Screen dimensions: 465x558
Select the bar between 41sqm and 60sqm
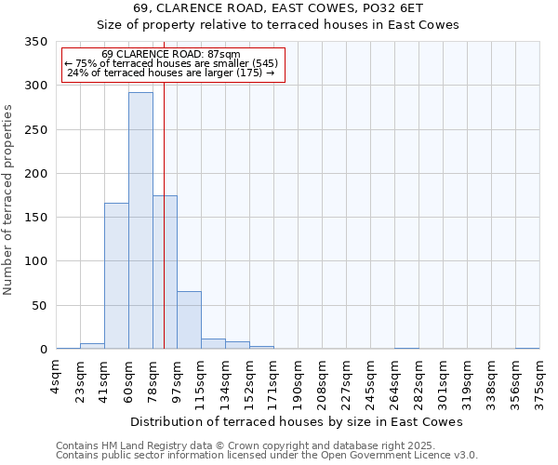point(116,276)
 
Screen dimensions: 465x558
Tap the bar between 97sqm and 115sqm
point(189,320)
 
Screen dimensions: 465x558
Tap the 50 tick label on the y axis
point(40,306)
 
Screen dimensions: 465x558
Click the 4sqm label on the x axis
point(56,374)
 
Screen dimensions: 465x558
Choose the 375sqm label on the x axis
point(539,381)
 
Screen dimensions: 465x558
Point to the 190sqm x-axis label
point(298,381)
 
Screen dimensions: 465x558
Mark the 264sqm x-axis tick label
point(394,381)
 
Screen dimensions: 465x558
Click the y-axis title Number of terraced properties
point(8,200)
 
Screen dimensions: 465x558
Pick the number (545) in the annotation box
point(264,63)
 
